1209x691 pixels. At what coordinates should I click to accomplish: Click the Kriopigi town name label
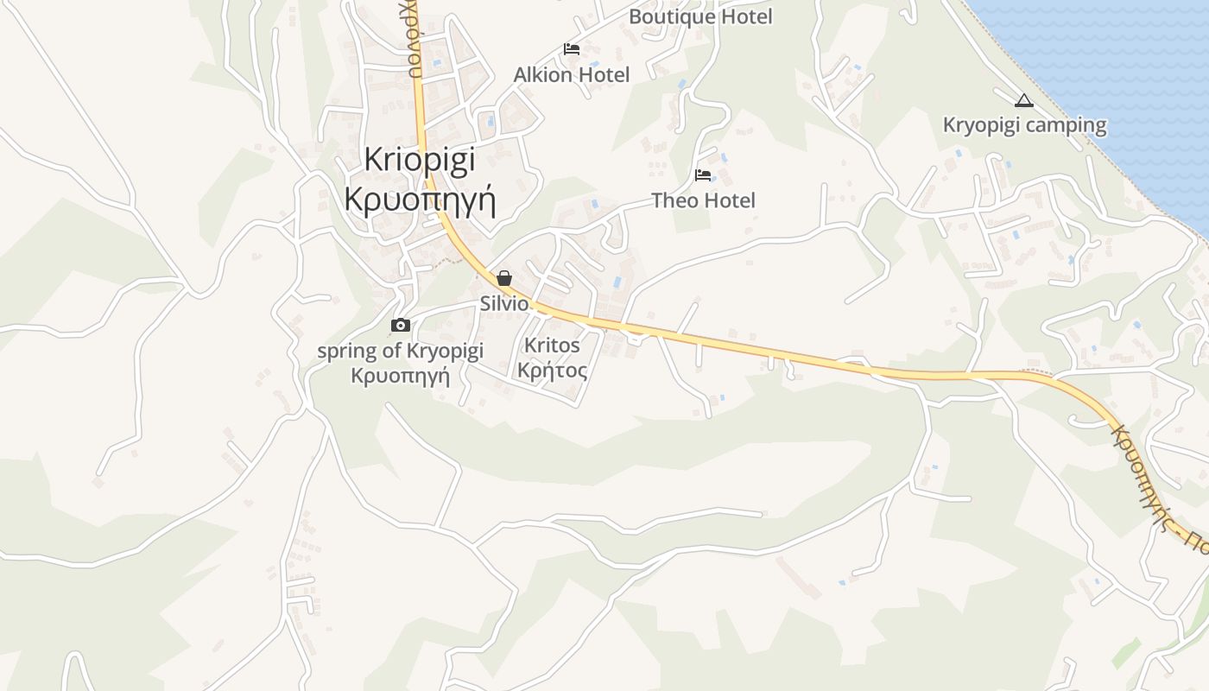point(420,160)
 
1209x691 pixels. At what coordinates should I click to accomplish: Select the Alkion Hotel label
point(572,75)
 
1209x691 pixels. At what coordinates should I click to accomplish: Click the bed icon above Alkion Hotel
point(572,49)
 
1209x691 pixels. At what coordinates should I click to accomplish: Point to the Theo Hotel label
point(703,200)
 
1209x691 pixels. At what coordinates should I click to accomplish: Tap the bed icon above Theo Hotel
point(703,175)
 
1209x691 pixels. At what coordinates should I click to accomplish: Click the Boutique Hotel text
point(700,16)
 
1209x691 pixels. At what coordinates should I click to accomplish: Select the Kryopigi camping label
point(1024,125)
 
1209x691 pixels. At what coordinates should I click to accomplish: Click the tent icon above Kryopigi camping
point(1024,101)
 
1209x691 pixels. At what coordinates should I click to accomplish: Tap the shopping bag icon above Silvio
point(504,278)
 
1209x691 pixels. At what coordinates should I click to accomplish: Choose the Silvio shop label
point(504,303)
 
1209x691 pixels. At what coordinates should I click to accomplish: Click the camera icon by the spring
point(401,326)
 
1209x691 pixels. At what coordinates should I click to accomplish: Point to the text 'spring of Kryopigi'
point(401,351)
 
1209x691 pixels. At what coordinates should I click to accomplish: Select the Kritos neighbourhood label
point(553,345)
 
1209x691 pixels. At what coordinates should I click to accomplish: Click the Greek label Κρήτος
point(553,371)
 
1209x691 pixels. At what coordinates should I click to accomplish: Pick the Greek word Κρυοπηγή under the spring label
point(401,376)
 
